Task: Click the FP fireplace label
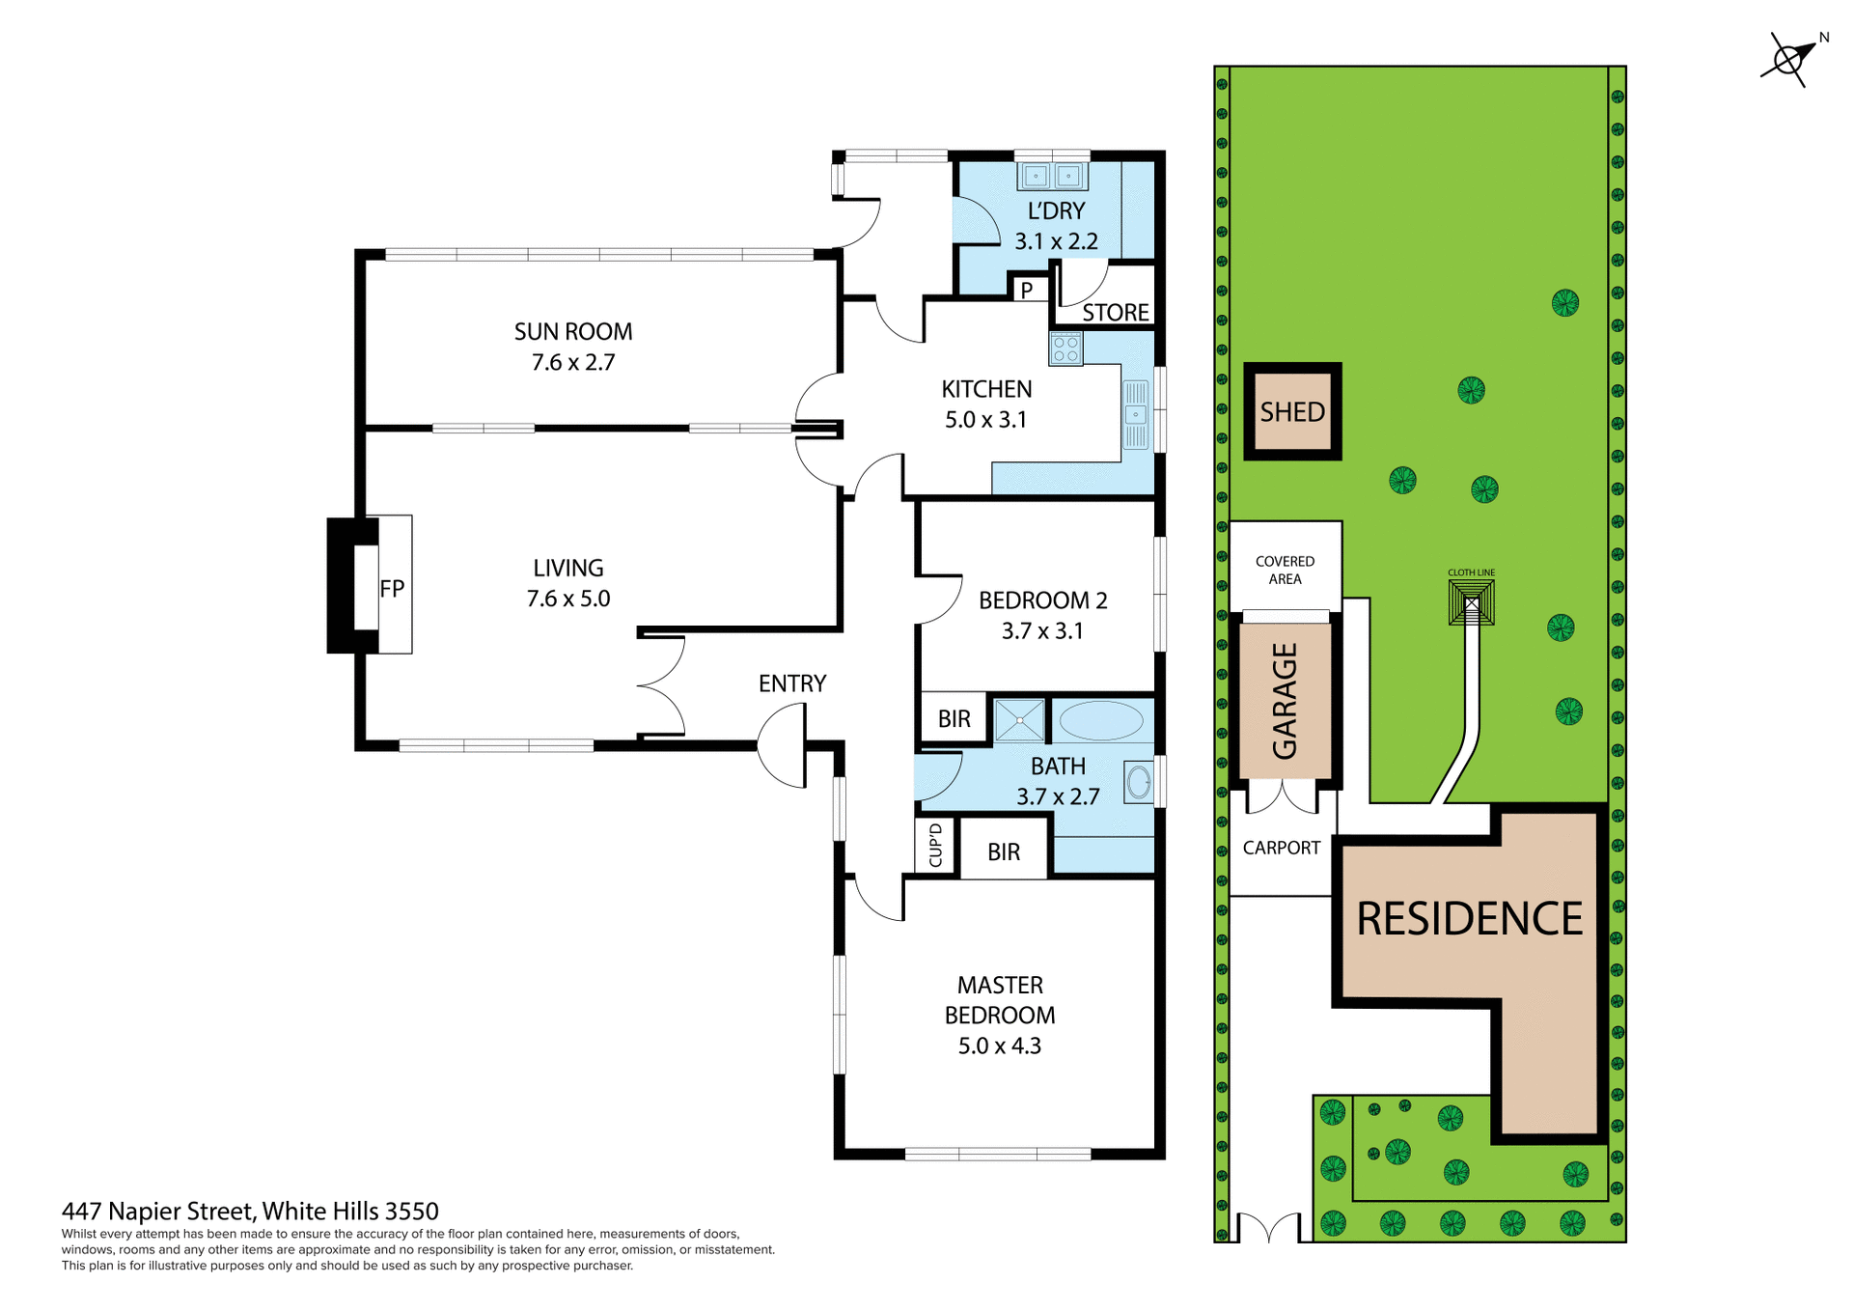tap(391, 589)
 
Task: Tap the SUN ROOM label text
tap(573, 331)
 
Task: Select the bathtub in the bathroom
tap(1101, 720)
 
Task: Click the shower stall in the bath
tap(1019, 720)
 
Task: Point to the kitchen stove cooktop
tap(1065, 349)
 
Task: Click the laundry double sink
tap(1052, 176)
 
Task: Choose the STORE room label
tap(1115, 313)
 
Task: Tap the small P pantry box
tap(1027, 290)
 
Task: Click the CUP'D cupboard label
tap(935, 846)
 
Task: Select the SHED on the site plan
tap(1292, 412)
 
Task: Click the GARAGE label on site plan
tap(1285, 701)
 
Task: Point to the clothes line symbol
tap(1471, 604)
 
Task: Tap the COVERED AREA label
tap(1285, 570)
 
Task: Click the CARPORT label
tap(1281, 848)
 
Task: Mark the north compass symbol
tap(1788, 60)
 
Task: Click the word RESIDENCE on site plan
tap(1469, 918)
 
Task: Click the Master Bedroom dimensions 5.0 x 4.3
tap(999, 1046)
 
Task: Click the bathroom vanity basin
tap(1139, 782)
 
